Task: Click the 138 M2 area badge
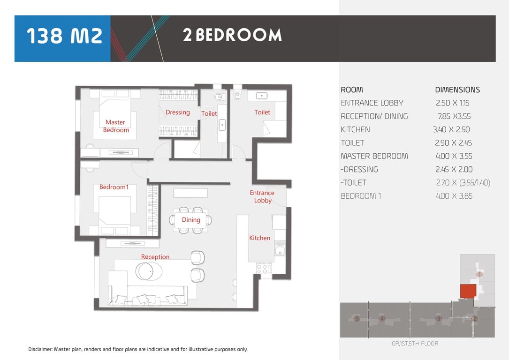(x=62, y=38)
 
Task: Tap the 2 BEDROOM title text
(x=232, y=35)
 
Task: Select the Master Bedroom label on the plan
(x=116, y=126)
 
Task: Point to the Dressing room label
(x=178, y=112)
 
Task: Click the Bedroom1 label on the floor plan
(x=114, y=187)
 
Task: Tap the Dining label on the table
(x=191, y=220)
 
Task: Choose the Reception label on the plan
(x=155, y=257)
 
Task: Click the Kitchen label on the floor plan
(x=259, y=238)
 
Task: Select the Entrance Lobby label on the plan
(x=262, y=196)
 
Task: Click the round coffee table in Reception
(x=149, y=271)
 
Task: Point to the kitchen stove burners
(x=264, y=269)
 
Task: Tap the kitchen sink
(x=280, y=250)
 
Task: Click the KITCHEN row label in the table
(x=355, y=129)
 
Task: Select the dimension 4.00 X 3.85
(x=454, y=196)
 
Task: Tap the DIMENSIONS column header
(x=457, y=90)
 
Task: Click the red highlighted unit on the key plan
(x=468, y=291)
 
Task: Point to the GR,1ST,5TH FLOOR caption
(x=415, y=344)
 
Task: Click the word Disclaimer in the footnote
(x=40, y=349)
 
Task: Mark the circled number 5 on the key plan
(x=357, y=318)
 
